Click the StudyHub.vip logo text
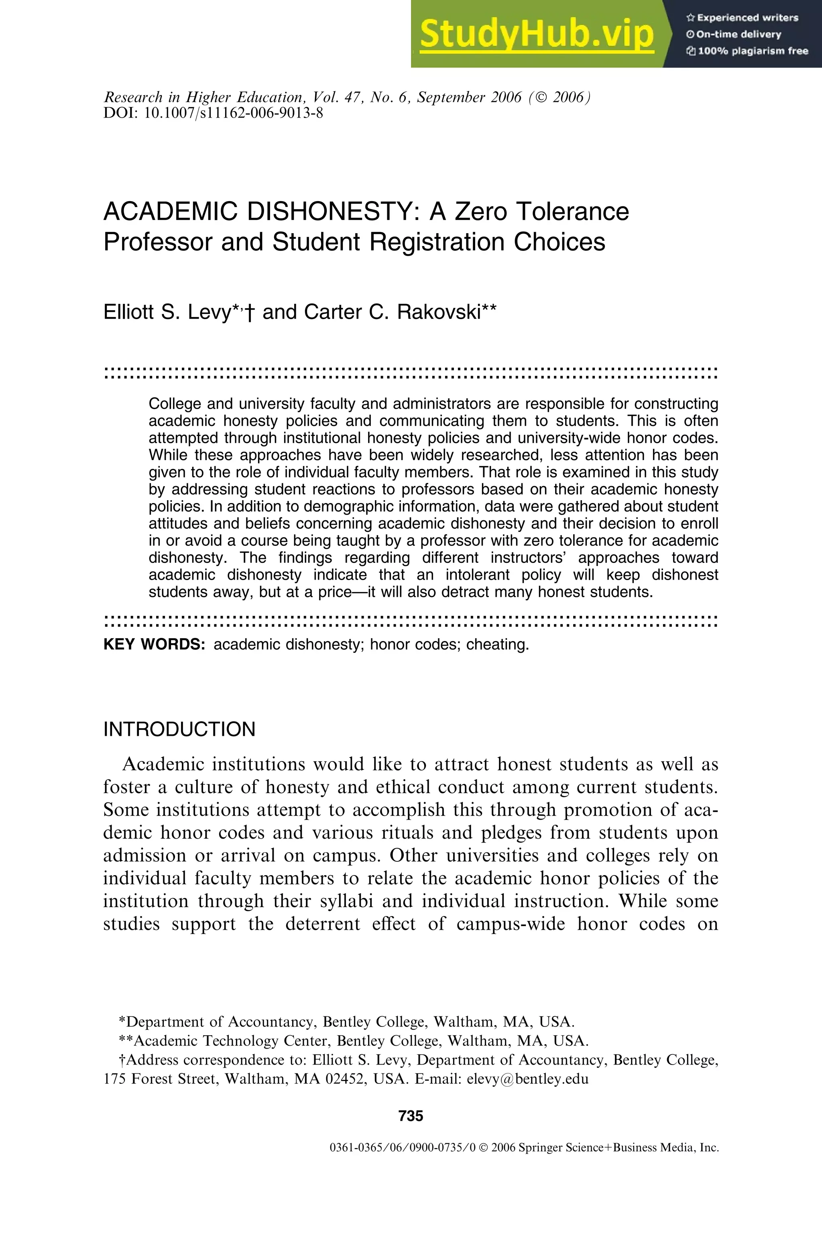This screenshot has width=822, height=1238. (536, 34)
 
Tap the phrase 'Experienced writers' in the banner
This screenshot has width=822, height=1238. (747, 18)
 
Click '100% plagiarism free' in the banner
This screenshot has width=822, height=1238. (752, 51)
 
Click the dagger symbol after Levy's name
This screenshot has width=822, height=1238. (250, 314)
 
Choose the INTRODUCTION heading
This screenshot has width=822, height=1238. (179, 729)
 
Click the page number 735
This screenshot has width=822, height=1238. (411, 1115)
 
